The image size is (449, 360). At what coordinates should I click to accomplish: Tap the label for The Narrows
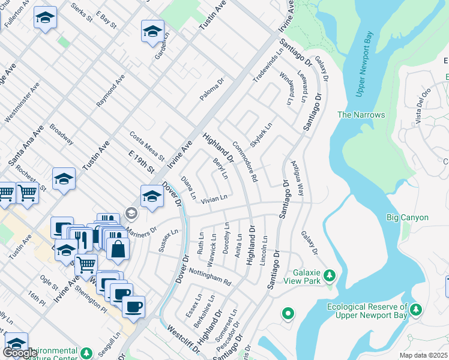coord(361,115)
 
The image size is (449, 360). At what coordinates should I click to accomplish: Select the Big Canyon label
coord(408,218)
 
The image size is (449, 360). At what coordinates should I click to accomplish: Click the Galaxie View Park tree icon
coord(329,275)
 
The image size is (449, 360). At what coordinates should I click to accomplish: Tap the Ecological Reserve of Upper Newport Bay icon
coord(416,309)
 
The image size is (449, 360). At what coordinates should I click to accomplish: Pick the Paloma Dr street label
coord(212,89)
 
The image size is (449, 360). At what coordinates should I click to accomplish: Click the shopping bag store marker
coord(118,247)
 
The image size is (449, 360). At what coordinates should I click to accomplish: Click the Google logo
coord(20,353)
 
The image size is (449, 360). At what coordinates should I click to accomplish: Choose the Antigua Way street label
coord(298,170)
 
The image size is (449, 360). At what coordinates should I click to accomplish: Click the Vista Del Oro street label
coord(423,107)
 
